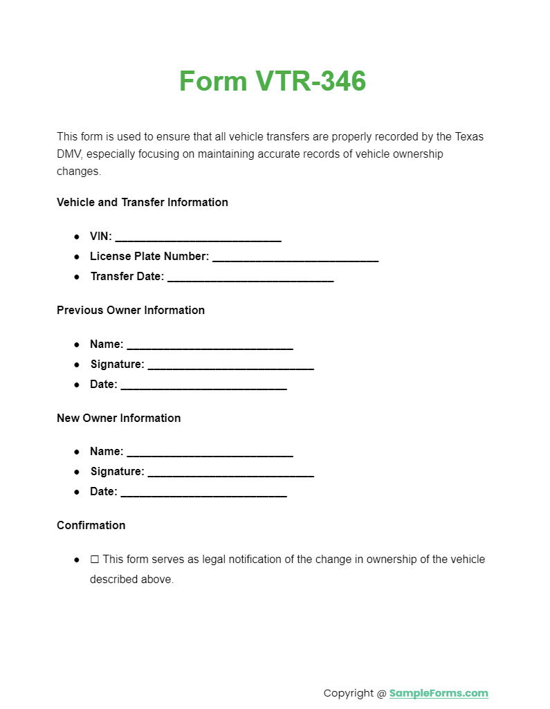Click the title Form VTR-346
pos(273,82)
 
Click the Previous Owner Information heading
pos(131,310)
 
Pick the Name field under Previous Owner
pos(210,346)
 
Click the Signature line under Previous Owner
pos(230,366)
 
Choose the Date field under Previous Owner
pos(203,386)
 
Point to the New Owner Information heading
pos(118,418)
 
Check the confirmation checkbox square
pos(95,560)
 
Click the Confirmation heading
pos(91,525)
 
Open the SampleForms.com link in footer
pos(439,693)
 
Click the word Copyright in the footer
pos(349,693)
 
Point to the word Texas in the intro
pos(469,136)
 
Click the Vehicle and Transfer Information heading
pos(143,202)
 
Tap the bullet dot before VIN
pos(77,237)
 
